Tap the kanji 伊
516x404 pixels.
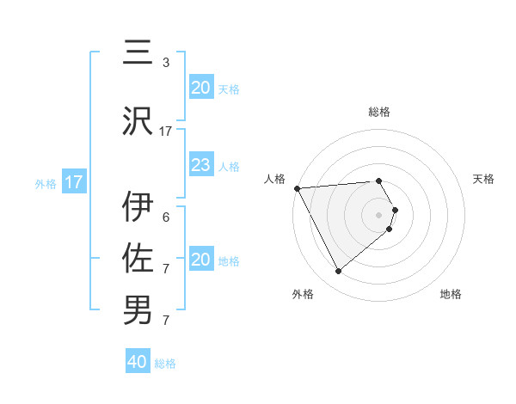138,206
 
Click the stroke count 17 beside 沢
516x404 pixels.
166,131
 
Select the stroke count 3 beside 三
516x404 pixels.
166,62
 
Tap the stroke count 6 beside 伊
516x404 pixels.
166,217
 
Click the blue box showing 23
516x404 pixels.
200,165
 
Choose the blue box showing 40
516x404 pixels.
138,362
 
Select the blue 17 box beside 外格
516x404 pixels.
74,182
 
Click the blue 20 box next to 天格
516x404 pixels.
200,88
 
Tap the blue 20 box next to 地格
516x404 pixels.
200,260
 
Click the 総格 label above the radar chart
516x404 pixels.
379,112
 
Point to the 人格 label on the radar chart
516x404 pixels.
275,179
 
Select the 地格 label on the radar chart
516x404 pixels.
451,294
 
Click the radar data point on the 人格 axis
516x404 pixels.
297,187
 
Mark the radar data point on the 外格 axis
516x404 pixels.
338,272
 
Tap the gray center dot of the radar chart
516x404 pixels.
379,213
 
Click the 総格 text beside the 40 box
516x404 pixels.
165,364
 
